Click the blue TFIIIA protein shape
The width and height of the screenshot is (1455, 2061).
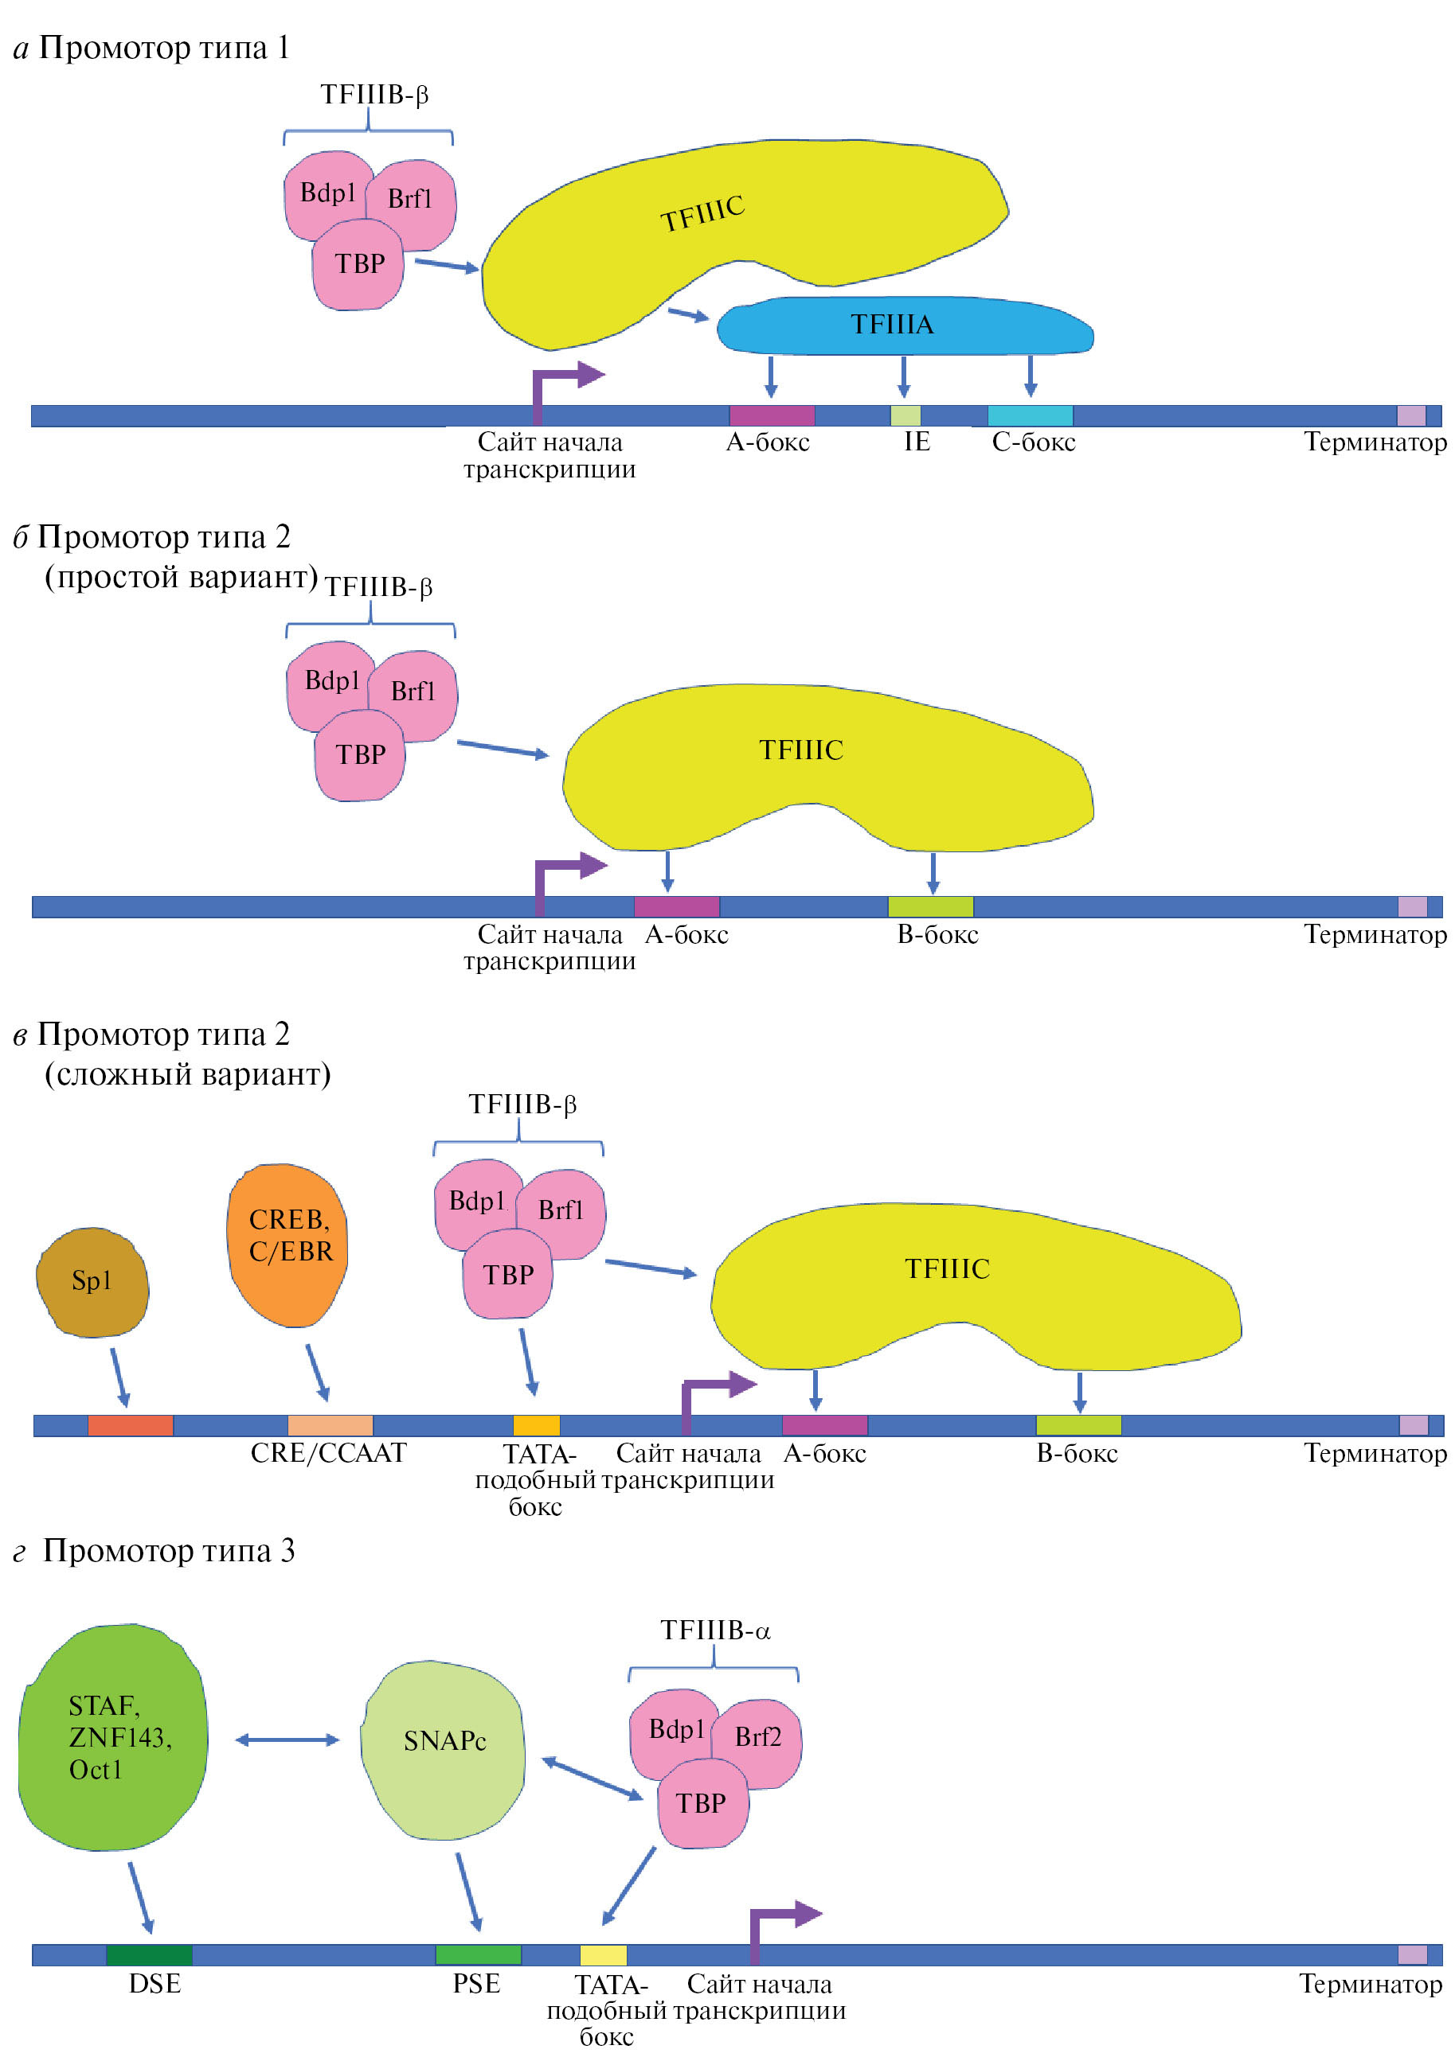point(902,325)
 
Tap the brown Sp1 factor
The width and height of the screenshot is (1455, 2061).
point(92,1282)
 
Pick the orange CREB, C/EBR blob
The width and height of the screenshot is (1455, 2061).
point(288,1243)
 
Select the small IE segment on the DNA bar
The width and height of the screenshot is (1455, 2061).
point(905,415)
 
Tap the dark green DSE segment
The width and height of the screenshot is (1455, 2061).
point(149,1955)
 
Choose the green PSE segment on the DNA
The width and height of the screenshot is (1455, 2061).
point(478,1955)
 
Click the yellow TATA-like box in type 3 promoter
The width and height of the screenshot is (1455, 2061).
point(603,1955)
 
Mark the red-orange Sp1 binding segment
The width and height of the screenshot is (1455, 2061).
point(131,1424)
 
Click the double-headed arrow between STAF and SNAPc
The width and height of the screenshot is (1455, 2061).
point(287,1740)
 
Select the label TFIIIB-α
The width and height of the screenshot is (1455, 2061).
point(715,1630)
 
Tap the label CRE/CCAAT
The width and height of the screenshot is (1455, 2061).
point(328,1452)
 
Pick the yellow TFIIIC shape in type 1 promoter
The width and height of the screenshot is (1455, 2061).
point(718,233)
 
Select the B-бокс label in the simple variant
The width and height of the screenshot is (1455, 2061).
point(937,934)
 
